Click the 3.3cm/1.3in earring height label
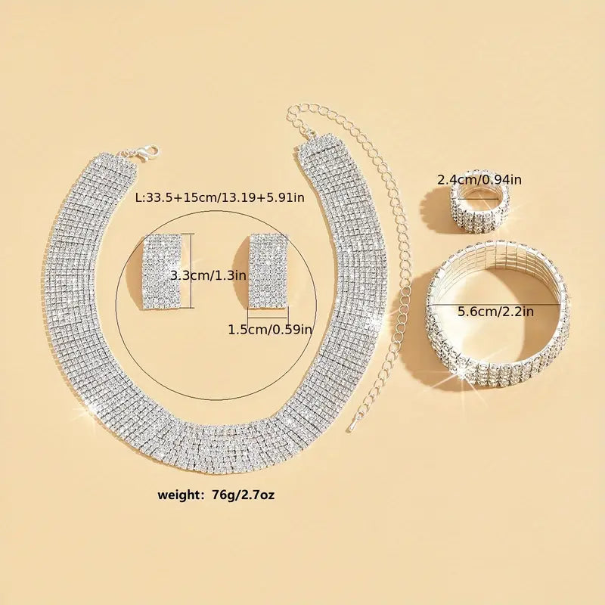tap(209, 275)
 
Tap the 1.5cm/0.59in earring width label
tap(270, 330)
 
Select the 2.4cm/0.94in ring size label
tap(479, 179)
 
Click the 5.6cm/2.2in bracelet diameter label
tap(496, 311)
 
